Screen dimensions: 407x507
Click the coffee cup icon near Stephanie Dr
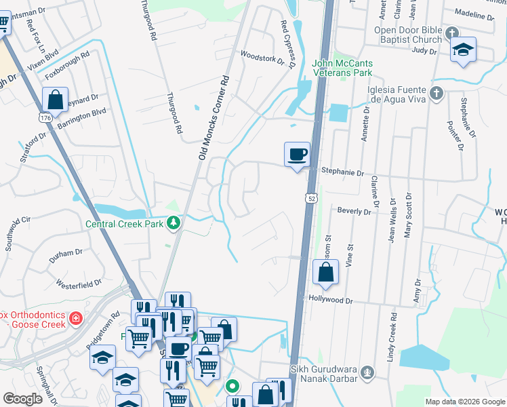[x=297, y=154]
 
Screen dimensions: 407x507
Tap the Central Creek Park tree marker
[x=174, y=222]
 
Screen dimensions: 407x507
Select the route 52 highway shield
[x=309, y=197]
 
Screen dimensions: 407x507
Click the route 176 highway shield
[x=45, y=118]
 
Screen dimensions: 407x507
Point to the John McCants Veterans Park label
[x=343, y=68]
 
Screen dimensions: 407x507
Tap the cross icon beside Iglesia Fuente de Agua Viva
[x=437, y=92]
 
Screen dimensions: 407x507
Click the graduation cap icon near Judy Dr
[x=464, y=50]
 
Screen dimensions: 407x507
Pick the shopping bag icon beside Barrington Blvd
[x=56, y=100]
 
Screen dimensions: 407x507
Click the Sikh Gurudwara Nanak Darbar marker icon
[x=367, y=372]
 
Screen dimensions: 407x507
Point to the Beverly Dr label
[x=354, y=212]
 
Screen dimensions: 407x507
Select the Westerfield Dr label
[x=79, y=283]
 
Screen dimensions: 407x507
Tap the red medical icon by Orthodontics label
[x=76, y=317]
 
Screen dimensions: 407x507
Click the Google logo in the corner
[x=23, y=399]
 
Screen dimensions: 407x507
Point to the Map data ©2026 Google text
[x=464, y=402]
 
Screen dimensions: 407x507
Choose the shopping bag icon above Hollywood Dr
[x=326, y=273]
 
